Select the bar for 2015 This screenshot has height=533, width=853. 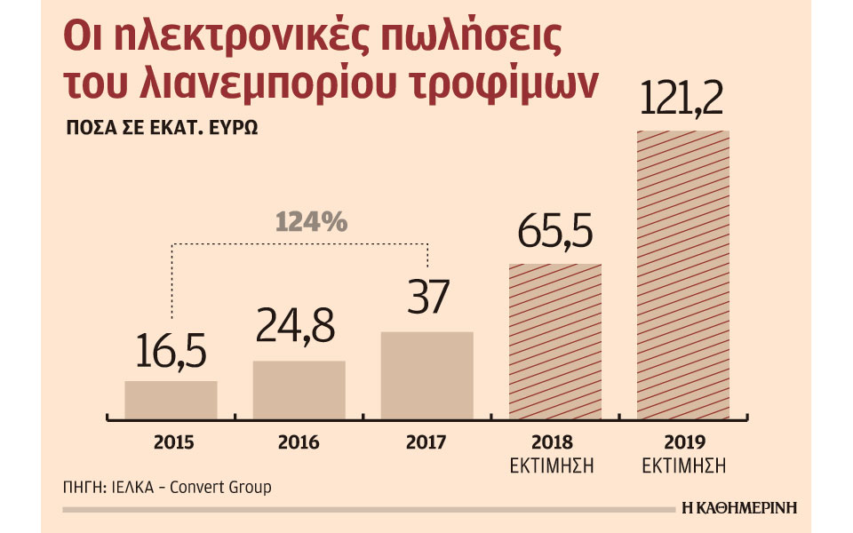coord(171,400)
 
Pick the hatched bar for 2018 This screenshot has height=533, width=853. coord(554,341)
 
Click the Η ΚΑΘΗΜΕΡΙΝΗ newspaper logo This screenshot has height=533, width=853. coord(738,508)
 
